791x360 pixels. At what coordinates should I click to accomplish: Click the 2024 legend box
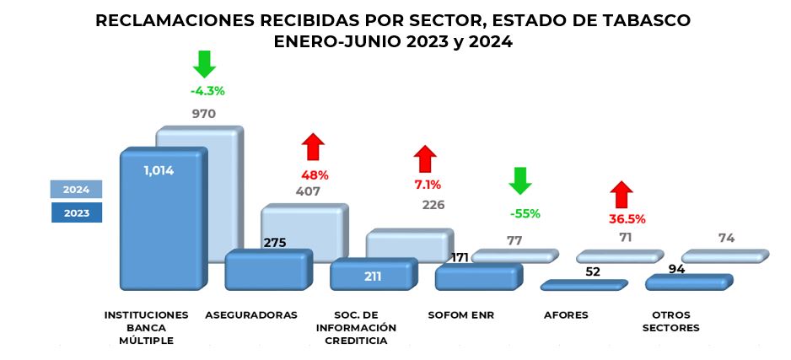coord(76,189)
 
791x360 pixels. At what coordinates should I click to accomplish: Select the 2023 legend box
coord(76,212)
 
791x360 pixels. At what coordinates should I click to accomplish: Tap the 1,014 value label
coord(159,170)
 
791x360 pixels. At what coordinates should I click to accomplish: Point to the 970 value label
coord(204,114)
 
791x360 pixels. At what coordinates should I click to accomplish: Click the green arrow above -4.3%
coord(205,64)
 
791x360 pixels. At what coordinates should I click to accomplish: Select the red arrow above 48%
coord(314,147)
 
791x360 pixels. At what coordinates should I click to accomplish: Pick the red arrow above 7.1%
coord(426,158)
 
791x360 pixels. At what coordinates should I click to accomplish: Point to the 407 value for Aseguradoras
coord(308,191)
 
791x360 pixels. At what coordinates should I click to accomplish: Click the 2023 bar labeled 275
coord(267,271)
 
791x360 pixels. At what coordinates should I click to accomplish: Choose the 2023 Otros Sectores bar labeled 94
coord(687,282)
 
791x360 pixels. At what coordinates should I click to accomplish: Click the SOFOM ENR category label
coord(461,315)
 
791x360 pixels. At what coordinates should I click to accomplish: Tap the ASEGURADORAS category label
coord(251,315)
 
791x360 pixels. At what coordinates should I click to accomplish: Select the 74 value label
coord(726,239)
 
